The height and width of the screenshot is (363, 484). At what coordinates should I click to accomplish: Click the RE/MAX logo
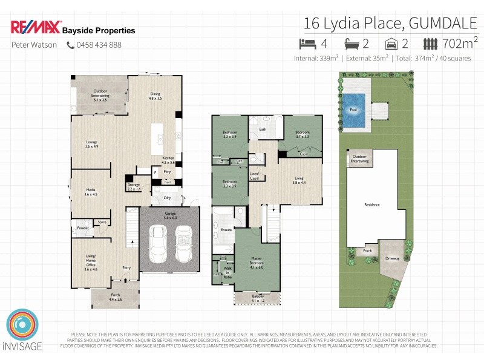(x=35, y=28)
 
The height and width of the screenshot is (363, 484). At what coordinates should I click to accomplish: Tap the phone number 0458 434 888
(x=99, y=45)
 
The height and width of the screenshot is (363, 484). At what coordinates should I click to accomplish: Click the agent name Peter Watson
(x=34, y=45)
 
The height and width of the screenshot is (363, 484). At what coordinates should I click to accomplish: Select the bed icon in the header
(x=307, y=44)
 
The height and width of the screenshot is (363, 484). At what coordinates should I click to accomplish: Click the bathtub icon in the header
(x=352, y=44)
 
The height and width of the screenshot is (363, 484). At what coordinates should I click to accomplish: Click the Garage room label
(x=171, y=215)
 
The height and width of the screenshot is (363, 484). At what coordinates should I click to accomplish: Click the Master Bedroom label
(x=257, y=261)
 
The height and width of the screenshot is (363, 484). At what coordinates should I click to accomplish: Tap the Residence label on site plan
(x=371, y=204)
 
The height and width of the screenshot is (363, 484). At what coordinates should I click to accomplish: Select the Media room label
(x=91, y=192)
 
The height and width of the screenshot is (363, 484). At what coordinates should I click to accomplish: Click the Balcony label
(x=258, y=298)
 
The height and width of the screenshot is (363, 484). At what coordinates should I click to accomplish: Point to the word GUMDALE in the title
(x=445, y=24)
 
